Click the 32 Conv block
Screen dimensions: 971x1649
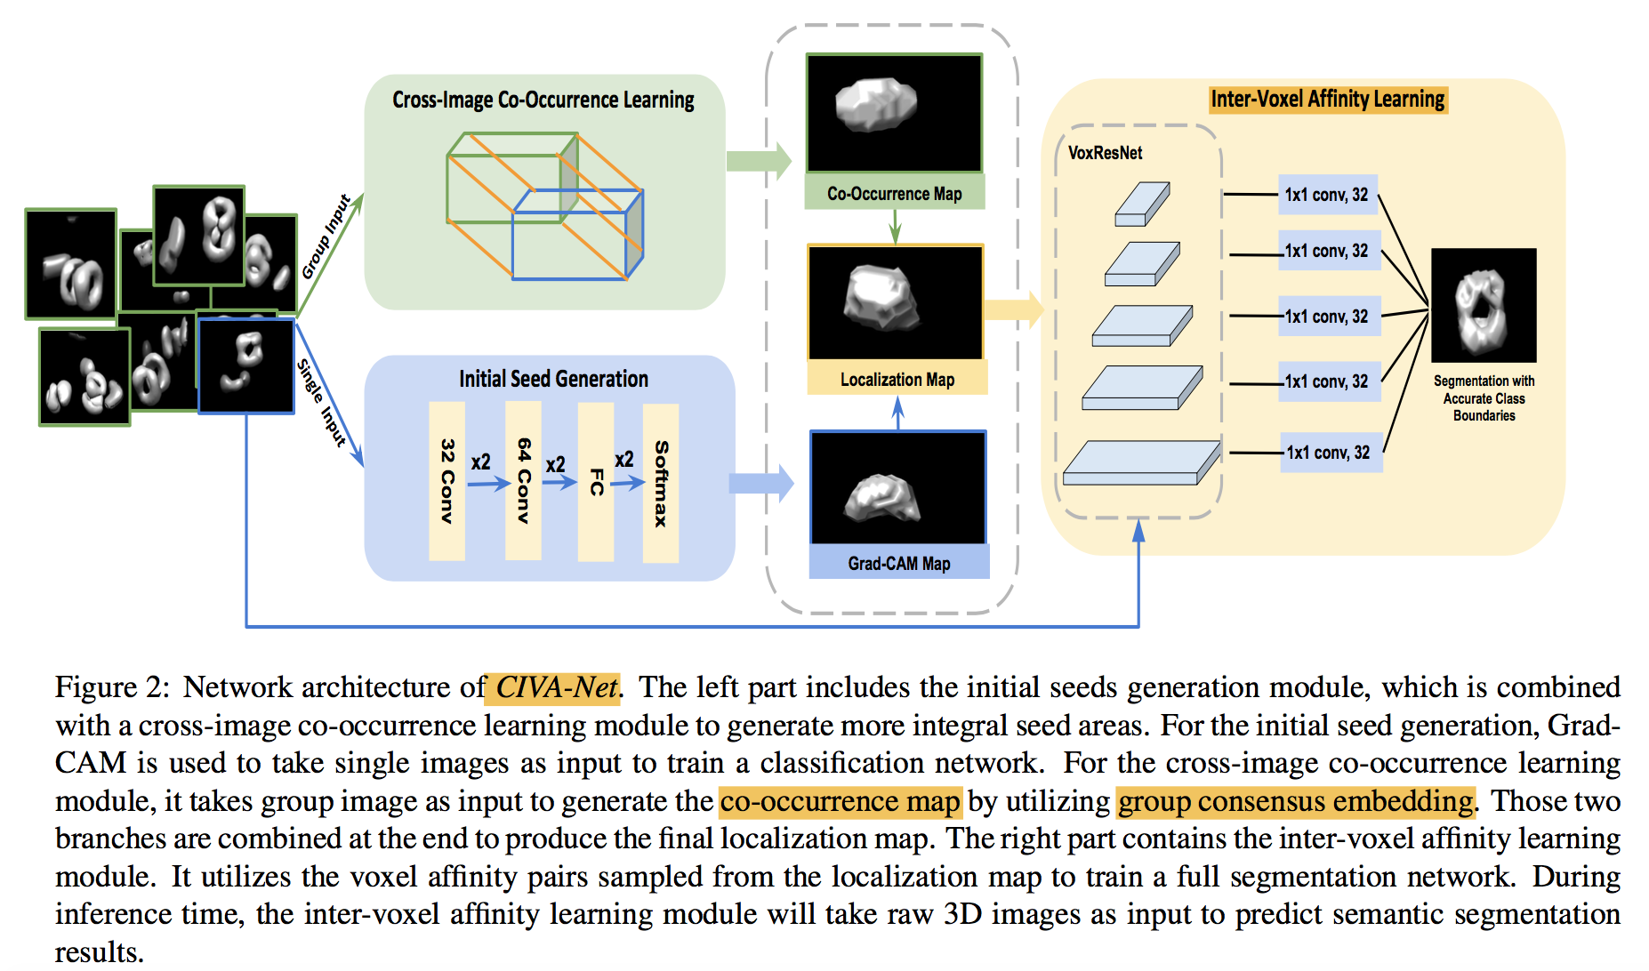point(446,481)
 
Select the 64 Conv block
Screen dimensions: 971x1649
point(523,480)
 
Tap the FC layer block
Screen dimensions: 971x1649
point(596,481)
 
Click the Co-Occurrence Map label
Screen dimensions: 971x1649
point(894,193)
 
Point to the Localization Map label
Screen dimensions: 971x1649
point(897,380)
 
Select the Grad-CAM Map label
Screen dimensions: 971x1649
point(898,564)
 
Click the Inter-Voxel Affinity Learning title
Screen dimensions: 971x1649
point(1327,99)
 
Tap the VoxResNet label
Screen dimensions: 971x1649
point(1105,153)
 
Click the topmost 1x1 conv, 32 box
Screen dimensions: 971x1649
point(1327,195)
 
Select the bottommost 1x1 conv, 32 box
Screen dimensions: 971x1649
point(1329,453)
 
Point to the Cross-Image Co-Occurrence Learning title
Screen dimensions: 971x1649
point(543,100)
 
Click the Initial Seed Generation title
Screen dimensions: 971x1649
point(553,379)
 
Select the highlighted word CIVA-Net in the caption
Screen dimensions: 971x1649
point(555,687)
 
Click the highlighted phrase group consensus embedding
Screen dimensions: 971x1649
point(1295,801)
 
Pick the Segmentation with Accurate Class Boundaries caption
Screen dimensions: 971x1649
point(1484,397)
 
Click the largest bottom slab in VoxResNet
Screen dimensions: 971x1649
point(1140,463)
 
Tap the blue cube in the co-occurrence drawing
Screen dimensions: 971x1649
point(576,235)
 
